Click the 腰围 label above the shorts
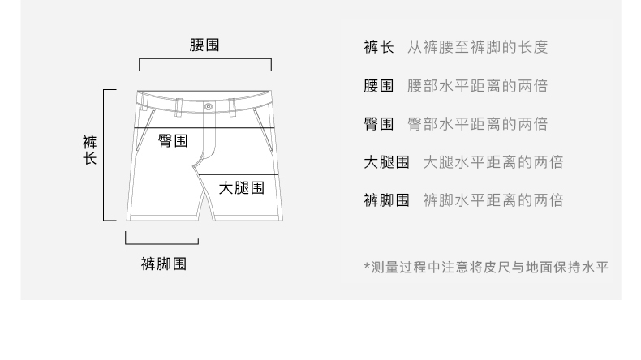tap(204, 46)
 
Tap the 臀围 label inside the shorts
tap(173, 140)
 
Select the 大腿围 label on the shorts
tap(241, 189)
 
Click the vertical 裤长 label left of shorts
tap(90, 151)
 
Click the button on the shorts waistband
tap(209, 105)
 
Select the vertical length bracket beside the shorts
tap(105, 154)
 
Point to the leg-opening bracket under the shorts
tap(162, 241)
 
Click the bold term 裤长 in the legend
tap(378, 47)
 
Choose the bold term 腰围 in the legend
tap(378, 85)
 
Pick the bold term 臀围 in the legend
tap(378, 123)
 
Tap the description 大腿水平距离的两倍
tap(493, 161)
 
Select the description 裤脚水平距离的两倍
tap(493, 199)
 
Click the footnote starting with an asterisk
tap(485, 266)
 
